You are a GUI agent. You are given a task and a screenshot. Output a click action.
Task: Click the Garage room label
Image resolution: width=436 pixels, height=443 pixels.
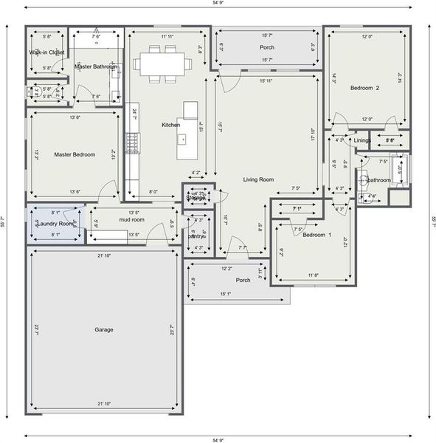click(x=103, y=329)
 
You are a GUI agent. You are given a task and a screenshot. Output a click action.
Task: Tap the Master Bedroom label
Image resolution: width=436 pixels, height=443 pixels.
click(x=75, y=154)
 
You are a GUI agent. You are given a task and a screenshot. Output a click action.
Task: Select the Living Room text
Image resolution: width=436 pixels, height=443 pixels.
click(x=258, y=179)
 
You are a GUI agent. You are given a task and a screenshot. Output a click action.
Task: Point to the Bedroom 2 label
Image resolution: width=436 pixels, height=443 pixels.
click(x=364, y=88)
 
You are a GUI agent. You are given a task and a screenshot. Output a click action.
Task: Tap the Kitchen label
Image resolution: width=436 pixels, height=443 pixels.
click(x=171, y=125)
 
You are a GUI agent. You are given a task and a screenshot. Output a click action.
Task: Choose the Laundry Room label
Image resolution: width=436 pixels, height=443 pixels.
click(x=55, y=223)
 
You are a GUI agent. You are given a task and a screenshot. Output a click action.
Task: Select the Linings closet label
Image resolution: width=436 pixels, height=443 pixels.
click(x=362, y=140)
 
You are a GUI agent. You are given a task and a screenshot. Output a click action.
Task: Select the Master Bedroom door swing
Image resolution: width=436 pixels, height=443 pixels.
click(x=111, y=189)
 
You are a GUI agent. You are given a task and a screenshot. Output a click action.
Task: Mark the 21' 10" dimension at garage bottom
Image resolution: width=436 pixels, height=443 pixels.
click(x=103, y=404)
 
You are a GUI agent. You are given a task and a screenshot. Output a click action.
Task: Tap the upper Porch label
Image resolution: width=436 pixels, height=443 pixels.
click(x=267, y=47)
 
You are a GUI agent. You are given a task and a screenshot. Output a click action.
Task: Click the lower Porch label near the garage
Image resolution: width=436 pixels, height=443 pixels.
click(x=243, y=280)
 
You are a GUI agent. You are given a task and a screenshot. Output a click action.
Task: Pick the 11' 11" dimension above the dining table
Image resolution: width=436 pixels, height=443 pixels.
click(x=169, y=36)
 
